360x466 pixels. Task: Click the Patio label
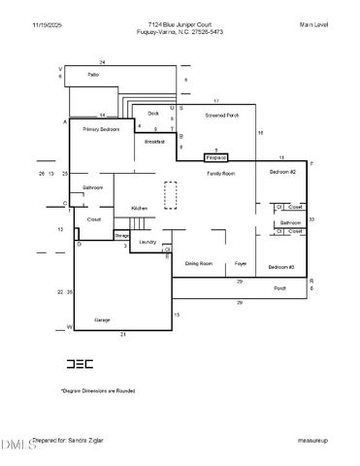[x=93, y=74]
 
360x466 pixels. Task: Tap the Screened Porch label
[x=222, y=115]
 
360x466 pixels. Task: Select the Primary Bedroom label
[x=101, y=129]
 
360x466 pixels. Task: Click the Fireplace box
[x=215, y=156]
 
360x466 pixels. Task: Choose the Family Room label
[x=221, y=173]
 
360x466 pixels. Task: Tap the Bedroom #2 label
[x=282, y=171]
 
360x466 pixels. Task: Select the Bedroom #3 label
[x=281, y=266]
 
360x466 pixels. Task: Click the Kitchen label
[x=140, y=208]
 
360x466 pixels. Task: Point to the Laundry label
[x=147, y=242]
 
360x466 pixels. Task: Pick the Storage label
[x=122, y=235]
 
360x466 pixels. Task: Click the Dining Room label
[x=199, y=263]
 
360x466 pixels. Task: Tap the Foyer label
[x=241, y=263]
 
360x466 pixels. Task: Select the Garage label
[x=102, y=319]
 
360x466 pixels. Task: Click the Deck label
[x=153, y=113]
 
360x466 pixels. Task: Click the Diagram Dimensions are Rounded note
[x=98, y=390]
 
